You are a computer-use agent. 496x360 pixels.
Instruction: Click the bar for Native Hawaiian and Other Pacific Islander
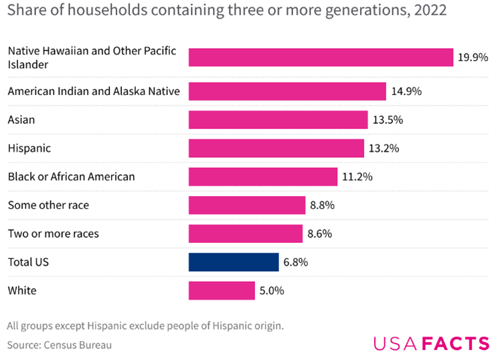coord(321,58)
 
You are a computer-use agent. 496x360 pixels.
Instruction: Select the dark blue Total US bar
coord(234,262)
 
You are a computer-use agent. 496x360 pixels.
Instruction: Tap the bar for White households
coord(222,291)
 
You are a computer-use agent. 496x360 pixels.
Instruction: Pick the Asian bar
coord(278,120)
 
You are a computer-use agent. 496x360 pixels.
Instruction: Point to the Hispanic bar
coord(276,148)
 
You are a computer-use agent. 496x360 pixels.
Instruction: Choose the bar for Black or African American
coord(262,177)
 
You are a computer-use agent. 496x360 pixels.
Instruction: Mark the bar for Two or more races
coord(245,234)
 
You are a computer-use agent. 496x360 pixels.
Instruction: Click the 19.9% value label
coord(473,58)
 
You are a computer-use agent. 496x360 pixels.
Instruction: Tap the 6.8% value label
coord(295,262)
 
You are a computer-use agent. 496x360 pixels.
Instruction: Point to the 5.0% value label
coord(272,291)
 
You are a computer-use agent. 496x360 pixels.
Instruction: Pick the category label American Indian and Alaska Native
coord(93,92)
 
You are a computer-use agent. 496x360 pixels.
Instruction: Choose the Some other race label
coord(48,205)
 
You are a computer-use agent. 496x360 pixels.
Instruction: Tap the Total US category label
coord(28,262)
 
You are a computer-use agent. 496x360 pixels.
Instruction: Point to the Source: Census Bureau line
coord(60,345)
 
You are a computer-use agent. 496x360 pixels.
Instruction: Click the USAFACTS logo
coord(431,344)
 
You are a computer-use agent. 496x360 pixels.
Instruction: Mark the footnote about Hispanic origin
coord(146,326)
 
